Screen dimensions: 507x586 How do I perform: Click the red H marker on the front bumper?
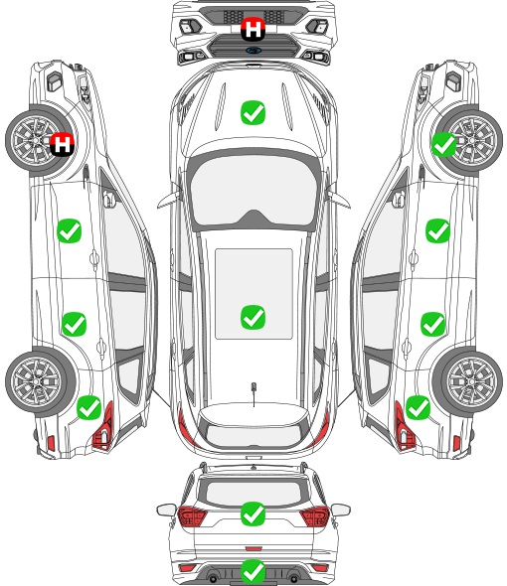point(253,29)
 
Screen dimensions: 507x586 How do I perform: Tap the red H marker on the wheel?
point(62,144)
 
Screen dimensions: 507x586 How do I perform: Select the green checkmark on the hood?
point(253,112)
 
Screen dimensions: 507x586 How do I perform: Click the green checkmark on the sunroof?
point(253,317)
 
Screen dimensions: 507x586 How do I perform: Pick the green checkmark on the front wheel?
point(444,144)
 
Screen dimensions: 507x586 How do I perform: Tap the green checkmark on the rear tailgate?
point(253,513)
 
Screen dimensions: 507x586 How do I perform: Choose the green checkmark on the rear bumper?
point(253,571)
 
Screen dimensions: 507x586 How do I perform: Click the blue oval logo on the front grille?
point(253,50)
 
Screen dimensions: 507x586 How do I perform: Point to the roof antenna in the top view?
point(253,393)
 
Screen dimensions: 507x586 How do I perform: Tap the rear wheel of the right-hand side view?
point(468,382)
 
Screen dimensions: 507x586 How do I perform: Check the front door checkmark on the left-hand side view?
point(70,231)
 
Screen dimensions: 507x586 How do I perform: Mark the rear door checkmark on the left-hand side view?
point(75,324)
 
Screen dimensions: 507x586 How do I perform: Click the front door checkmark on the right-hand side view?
point(437,231)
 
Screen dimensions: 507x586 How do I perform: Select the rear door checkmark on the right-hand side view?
point(432,324)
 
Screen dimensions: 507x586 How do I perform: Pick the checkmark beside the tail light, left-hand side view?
point(89,408)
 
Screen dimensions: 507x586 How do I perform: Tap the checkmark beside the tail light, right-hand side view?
point(418,408)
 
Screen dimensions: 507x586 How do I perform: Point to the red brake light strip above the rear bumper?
point(253,548)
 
